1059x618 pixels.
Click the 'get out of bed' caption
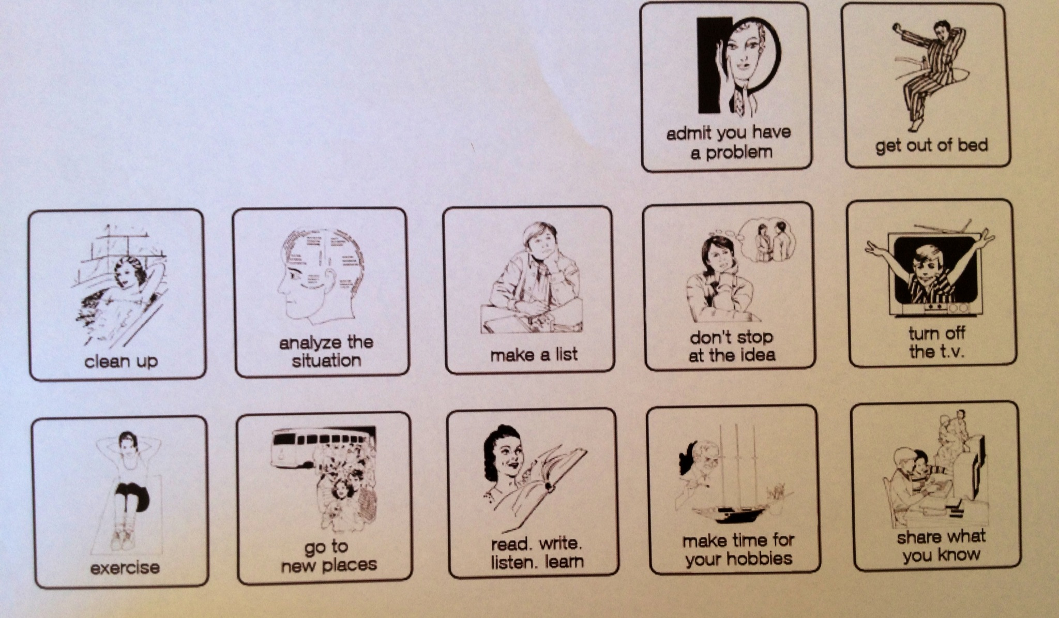point(931,145)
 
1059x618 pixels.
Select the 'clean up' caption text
point(121,361)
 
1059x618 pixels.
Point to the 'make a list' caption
point(534,355)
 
